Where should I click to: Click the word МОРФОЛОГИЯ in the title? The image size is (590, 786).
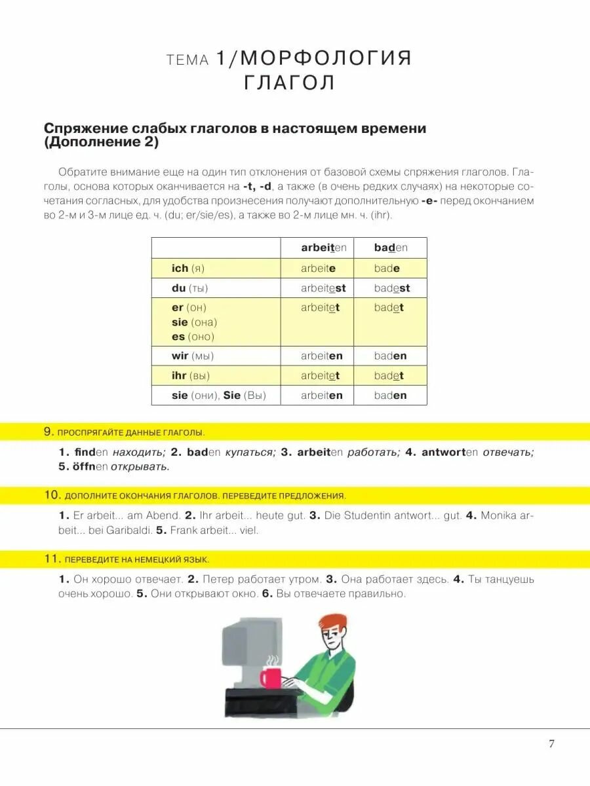point(324,58)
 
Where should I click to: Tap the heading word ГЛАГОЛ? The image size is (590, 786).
point(289,83)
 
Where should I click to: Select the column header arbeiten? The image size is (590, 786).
point(323,248)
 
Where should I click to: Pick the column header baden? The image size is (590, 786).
point(391,248)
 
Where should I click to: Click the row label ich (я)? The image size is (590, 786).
point(188,268)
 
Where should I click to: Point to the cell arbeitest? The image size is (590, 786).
point(323,288)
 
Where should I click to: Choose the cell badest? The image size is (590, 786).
point(392,288)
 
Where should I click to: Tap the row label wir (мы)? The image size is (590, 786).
point(193,356)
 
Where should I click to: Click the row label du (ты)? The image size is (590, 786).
point(189,288)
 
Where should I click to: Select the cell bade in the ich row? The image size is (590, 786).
point(387,268)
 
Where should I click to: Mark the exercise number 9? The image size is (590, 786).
point(48,432)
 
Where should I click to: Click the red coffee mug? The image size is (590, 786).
point(270,677)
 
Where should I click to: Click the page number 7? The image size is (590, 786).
point(551,743)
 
